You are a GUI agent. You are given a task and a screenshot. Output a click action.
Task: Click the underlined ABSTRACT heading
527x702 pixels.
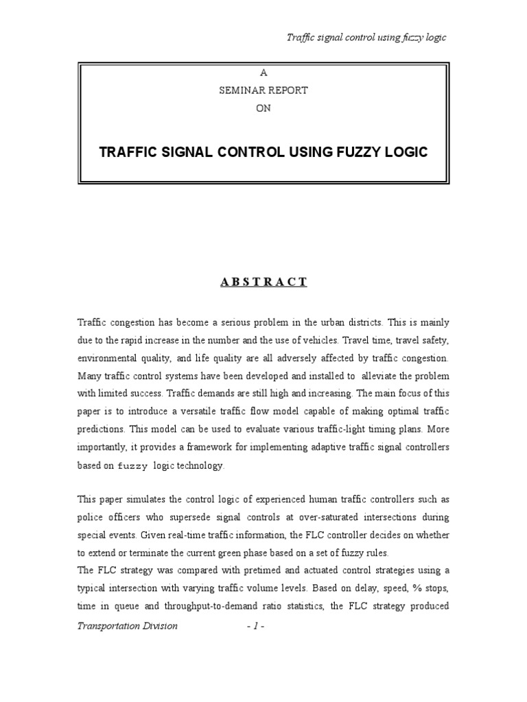coord(263,282)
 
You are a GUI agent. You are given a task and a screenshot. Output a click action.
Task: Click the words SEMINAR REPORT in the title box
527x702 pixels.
coord(263,90)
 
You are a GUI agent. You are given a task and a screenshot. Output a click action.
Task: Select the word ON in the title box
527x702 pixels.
coord(263,108)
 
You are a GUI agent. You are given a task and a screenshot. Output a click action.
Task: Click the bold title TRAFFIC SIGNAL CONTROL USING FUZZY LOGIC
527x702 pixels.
coord(263,152)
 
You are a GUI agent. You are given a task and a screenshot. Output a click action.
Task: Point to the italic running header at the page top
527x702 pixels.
coord(366,37)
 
